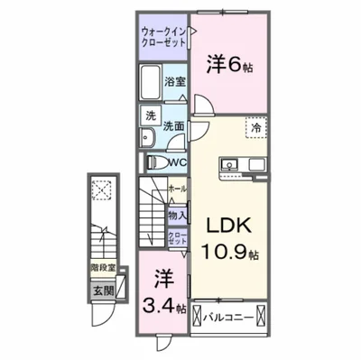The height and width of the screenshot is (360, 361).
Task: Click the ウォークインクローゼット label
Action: click(162, 38)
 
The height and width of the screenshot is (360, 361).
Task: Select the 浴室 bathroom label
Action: click(174, 82)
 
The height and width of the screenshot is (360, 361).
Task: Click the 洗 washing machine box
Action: click(151, 115)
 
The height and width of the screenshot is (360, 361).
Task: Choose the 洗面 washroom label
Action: click(175, 126)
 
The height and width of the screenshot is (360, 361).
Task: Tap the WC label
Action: click(178, 162)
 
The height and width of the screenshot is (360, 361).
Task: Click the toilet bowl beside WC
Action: click(153, 162)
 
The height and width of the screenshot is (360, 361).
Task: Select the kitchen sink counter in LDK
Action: click(238, 166)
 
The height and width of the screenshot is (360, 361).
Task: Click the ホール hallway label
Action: click(177, 190)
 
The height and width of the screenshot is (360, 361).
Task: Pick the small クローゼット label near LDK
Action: click(177, 239)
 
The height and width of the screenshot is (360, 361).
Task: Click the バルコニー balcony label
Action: click(227, 318)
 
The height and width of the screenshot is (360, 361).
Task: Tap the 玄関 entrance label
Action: click(102, 290)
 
